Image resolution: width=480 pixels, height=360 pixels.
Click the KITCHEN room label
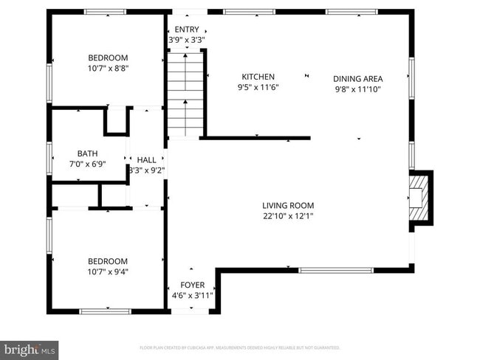tap(258, 77)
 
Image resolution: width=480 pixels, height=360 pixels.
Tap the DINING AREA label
tap(358, 78)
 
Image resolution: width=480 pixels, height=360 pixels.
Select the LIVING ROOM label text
tap(288, 206)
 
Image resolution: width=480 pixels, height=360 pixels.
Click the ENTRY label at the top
tap(186, 30)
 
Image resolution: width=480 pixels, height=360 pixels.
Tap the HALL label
tap(146, 159)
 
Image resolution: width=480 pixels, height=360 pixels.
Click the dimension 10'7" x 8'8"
tap(108, 69)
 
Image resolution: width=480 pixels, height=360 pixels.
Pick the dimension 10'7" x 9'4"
tap(108, 272)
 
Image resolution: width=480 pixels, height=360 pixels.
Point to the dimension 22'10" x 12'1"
tap(288, 216)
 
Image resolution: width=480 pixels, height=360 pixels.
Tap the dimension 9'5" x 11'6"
tap(258, 87)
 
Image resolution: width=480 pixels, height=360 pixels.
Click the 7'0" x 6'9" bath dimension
tap(87, 164)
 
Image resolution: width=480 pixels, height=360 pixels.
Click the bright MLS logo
tap(30, 347)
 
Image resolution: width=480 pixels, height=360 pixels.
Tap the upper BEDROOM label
tap(108, 58)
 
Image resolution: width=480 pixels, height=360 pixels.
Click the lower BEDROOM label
tap(108, 261)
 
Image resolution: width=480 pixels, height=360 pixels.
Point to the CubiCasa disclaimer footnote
tap(239, 347)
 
